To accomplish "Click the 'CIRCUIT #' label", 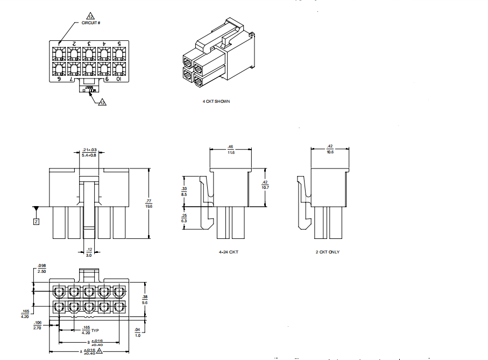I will tap(91, 23).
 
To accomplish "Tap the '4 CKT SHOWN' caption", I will tap(216, 101).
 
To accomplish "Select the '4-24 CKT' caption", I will tap(229, 252).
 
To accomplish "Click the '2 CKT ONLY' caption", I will tap(327, 252).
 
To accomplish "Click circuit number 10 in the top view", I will tap(119, 79).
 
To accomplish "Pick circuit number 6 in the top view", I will tap(59, 79).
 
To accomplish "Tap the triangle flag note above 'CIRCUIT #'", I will tap(91, 17).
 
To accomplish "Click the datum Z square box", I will tap(36, 221).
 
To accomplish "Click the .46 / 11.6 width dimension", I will tap(230, 150).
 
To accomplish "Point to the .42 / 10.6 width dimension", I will tap(330, 150).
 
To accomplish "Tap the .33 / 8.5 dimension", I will tap(184, 192).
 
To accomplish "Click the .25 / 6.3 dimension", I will tap(184, 218).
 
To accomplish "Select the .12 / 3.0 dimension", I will tap(89, 252).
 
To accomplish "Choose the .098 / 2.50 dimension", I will tap(43, 268).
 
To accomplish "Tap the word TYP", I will tap(95, 330).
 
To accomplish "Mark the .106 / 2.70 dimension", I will tap(38, 325).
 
